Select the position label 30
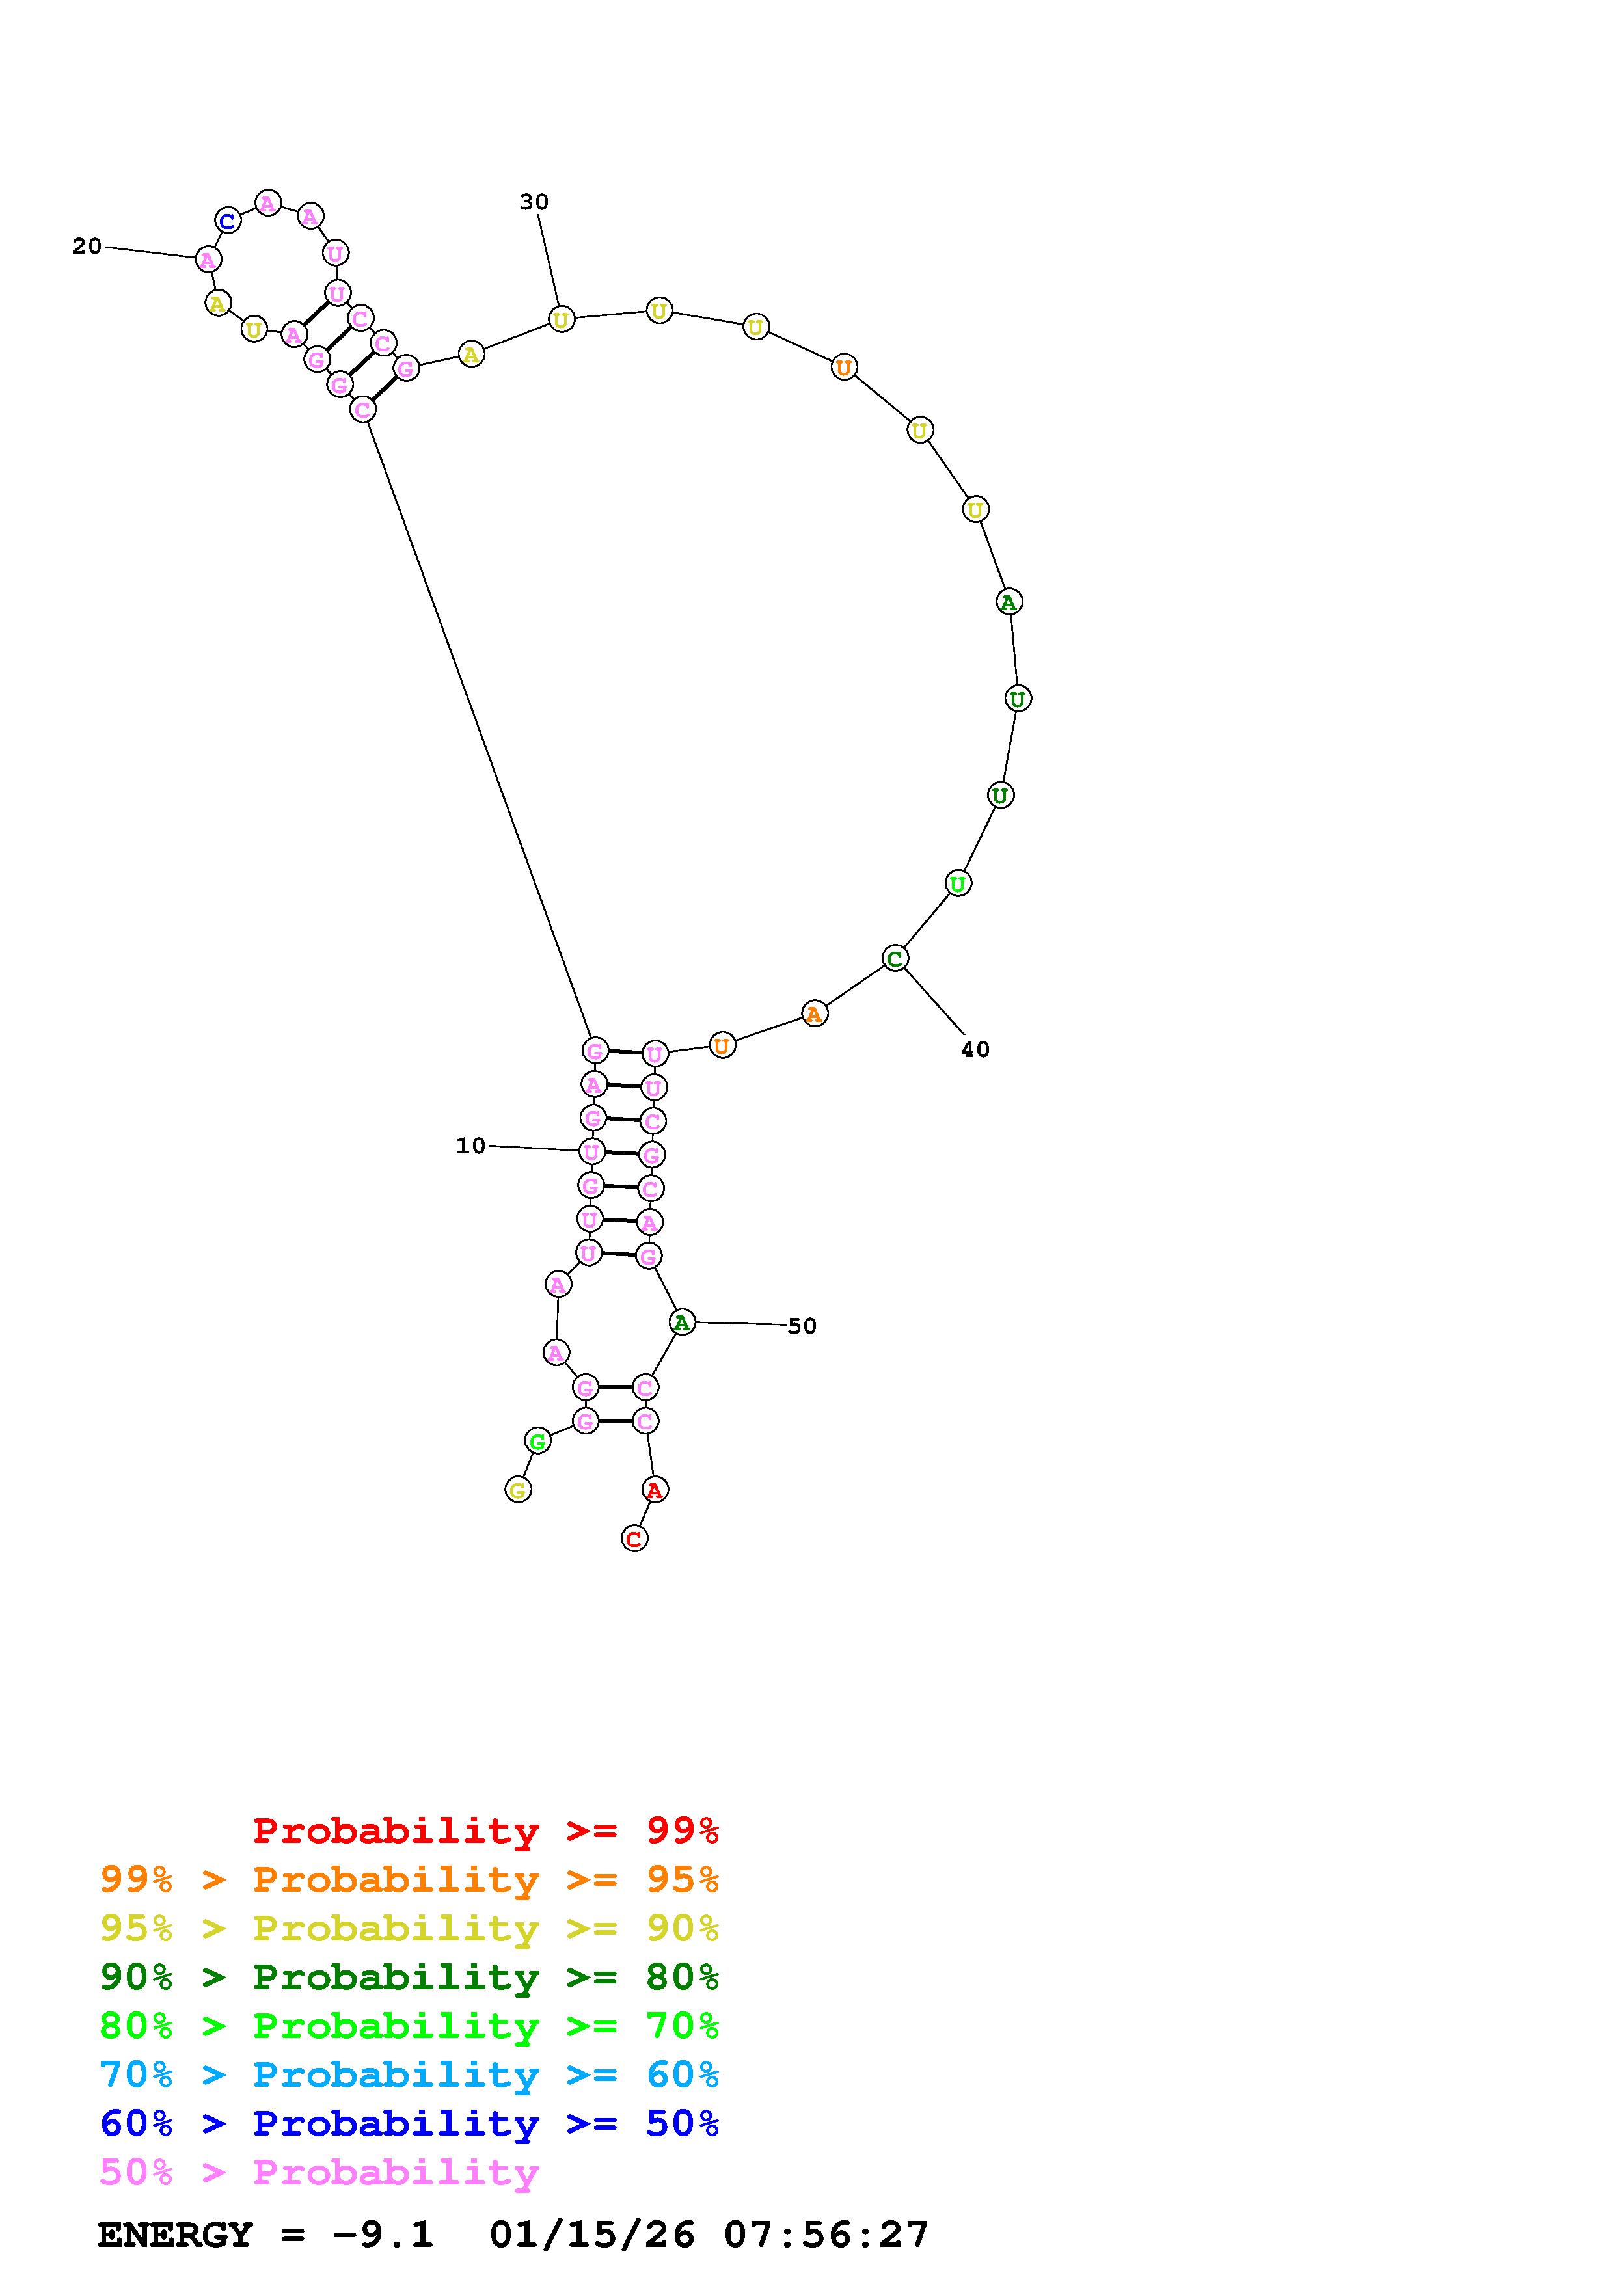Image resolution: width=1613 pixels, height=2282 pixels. coord(534,202)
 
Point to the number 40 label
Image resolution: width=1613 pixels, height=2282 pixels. coord(975,1049)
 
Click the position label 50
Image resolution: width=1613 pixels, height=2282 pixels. coord(802,1326)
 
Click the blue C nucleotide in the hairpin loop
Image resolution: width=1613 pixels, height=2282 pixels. coord(228,221)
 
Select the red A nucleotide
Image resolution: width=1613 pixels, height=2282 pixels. coord(654,1490)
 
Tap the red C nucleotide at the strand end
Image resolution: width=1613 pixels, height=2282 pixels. coord(634,1538)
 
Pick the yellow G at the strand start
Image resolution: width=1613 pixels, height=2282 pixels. coord(518,1490)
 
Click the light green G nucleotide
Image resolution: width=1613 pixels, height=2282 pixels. coord(537,1441)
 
